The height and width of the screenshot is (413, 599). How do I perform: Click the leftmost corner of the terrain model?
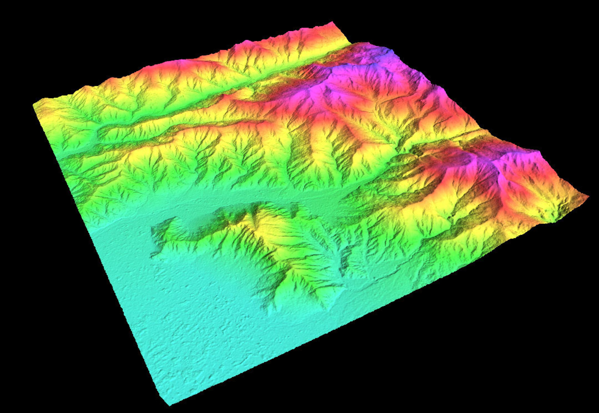click(34, 105)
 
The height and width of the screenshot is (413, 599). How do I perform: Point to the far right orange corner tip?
click(588, 196)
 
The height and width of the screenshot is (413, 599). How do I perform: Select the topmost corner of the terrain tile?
click(332, 22)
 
